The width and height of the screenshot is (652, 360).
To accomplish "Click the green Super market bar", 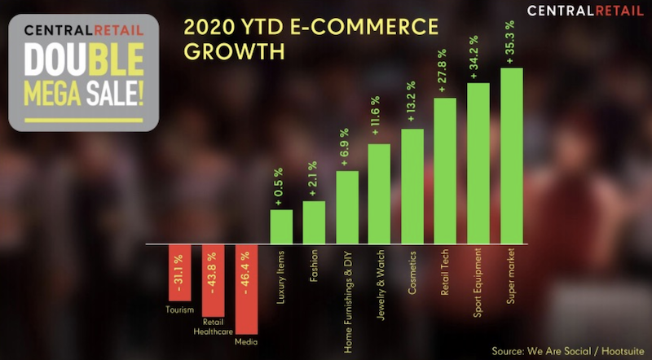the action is (x=512, y=156).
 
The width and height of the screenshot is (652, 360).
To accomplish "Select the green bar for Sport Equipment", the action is (x=478, y=164).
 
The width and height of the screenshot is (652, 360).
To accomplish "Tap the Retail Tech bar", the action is (x=445, y=171).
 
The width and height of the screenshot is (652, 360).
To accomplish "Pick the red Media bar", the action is (x=247, y=289).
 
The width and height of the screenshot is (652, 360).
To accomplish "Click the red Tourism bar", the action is (x=179, y=273).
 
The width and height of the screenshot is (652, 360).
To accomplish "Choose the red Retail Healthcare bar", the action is (x=213, y=281).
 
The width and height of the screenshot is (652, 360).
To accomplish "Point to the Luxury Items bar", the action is (x=281, y=226).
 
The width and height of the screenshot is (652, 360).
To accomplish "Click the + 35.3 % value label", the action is (x=510, y=42).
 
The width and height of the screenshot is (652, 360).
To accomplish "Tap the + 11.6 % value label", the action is (x=375, y=116).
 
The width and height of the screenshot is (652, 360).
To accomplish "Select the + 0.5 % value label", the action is (x=278, y=187).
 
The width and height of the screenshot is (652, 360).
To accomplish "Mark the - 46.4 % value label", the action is (x=245, y=273).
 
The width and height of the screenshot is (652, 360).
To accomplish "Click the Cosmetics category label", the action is (x=412, y=273).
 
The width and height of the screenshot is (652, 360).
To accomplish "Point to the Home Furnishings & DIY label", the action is (x=348, y=302).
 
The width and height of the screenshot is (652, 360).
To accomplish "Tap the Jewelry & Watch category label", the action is (x=381, y=285).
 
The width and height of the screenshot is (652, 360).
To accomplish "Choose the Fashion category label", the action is (x=314, y=266).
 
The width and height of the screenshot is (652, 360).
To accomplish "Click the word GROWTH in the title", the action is (x=235, y=51).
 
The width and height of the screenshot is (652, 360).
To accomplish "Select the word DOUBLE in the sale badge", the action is (x=84, y=59).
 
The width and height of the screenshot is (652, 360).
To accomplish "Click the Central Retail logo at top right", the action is (x=585, y=11).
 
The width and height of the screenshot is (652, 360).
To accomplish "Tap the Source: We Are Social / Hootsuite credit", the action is (x=568, y=351).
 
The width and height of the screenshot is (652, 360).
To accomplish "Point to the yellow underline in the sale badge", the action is (x=84, y=121).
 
